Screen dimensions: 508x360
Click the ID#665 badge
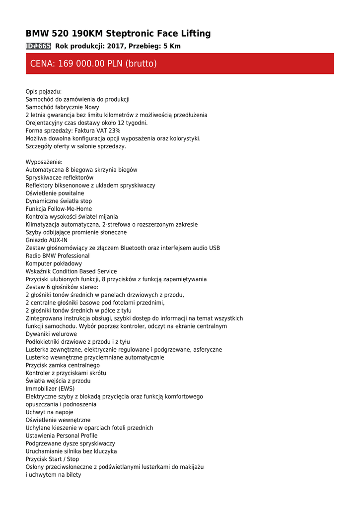tap(38, 46)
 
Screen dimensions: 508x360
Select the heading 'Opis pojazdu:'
tap(44, 92)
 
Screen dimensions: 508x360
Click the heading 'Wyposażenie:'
tap(44, 162)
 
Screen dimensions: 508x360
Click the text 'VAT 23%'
tap(109, 130)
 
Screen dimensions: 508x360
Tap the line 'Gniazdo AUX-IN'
tap(47, 240)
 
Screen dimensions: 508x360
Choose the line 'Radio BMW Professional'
tap(58, 256)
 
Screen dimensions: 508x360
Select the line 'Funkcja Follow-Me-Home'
tap(59, 209)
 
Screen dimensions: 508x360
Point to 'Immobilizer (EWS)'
tap(50, 389)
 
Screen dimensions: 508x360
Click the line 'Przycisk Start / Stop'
tap(52, 459)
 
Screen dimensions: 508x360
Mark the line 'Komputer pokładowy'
tap(54, 264)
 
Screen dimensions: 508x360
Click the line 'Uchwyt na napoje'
tap(49, 412)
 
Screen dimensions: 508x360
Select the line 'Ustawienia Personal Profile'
tap(62, 436)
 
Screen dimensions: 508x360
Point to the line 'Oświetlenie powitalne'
tap(55, 193)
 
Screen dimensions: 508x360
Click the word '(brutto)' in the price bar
tap(141, 63)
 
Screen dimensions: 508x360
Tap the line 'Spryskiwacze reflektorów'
tap(60, 178)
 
